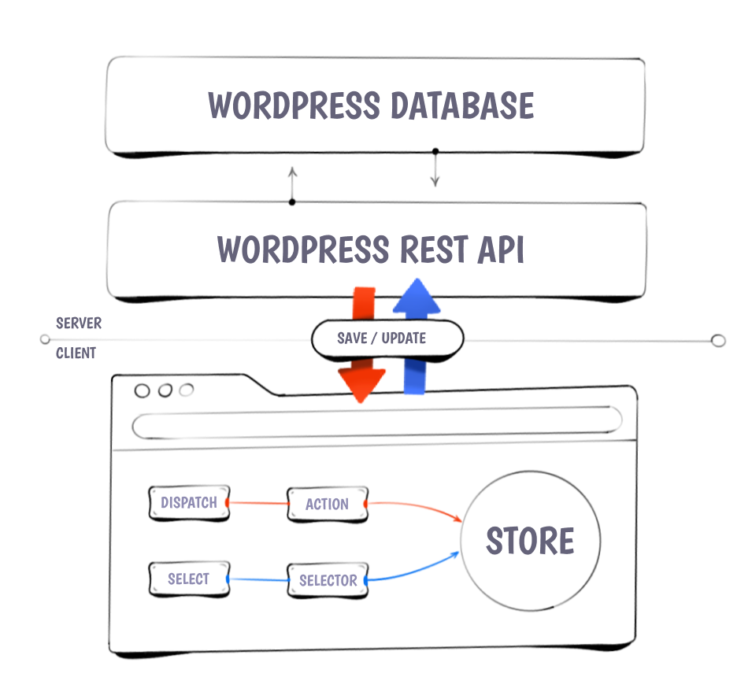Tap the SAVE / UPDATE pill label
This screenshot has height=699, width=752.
click(383, 338)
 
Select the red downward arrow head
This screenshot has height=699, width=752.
click(361, 384)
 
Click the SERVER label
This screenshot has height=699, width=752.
click(79, 324)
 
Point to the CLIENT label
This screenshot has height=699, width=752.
click(76, 353)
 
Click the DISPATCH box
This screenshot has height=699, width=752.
click(188, 503)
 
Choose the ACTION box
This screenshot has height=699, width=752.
click(327, 505)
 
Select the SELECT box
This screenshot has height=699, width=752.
click(188, 579)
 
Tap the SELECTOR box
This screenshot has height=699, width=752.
click(328, 581)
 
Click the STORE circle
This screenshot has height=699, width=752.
click(529, 541)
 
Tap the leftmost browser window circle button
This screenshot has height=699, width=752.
click(143, 390)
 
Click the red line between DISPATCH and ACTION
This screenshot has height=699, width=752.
click(257, 503)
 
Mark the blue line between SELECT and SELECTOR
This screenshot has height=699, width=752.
click(257, 580)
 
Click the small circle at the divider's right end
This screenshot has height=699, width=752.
click(717, 341)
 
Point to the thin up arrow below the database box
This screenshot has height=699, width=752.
click(292, 183)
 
